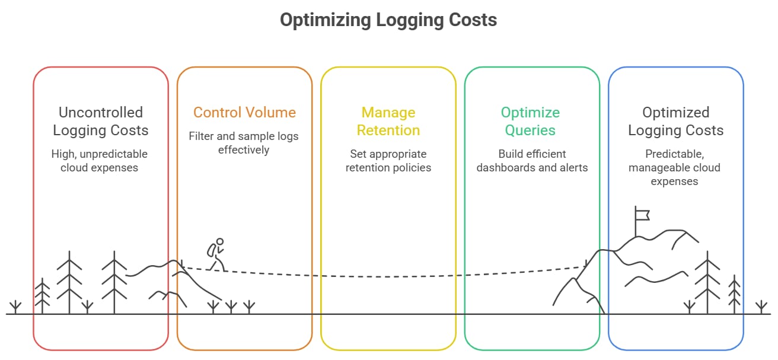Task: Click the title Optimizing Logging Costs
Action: (388, 20)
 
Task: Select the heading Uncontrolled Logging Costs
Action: (101, 121)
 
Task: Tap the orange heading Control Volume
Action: (244, 113)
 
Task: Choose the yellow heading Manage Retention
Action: (388, 121)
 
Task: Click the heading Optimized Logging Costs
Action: (675, 121)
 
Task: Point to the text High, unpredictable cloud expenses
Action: (100, 161)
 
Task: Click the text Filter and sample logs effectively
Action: (244, 143)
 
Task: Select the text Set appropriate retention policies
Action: (388, 161)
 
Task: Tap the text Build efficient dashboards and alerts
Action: (532, 161)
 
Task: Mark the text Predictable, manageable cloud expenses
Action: (675, 167)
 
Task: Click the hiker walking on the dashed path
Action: (216, 254)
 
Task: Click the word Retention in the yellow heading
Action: (388, 130)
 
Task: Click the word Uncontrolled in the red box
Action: (101, 113)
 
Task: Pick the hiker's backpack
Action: (211, 250)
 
